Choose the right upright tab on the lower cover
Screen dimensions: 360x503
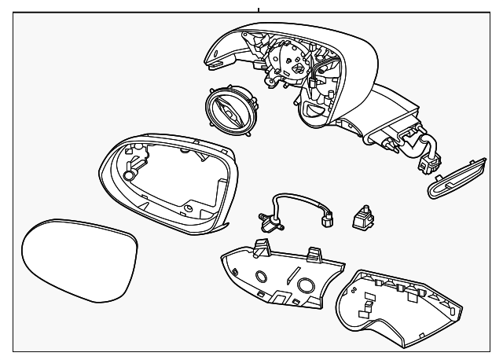pos(314,255)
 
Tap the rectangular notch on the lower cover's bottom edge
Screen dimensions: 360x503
pos(281,298)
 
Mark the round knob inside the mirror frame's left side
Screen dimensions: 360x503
pos(132,167)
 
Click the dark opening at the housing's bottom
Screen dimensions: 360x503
pos(312,114)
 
